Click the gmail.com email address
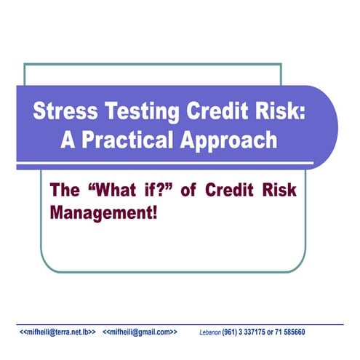click(x=140, y=332)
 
